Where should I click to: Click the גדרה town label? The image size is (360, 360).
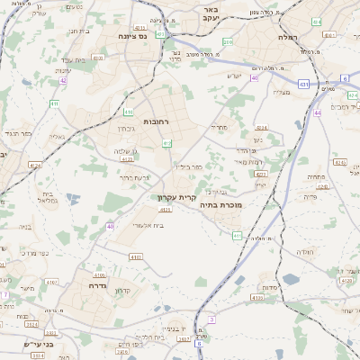97,284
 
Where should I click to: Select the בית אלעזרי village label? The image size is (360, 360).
154,225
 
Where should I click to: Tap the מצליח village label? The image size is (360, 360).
282,92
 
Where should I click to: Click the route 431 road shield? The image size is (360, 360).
304,84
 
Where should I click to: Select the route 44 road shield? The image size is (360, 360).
317,113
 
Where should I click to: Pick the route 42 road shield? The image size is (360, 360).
63,81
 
